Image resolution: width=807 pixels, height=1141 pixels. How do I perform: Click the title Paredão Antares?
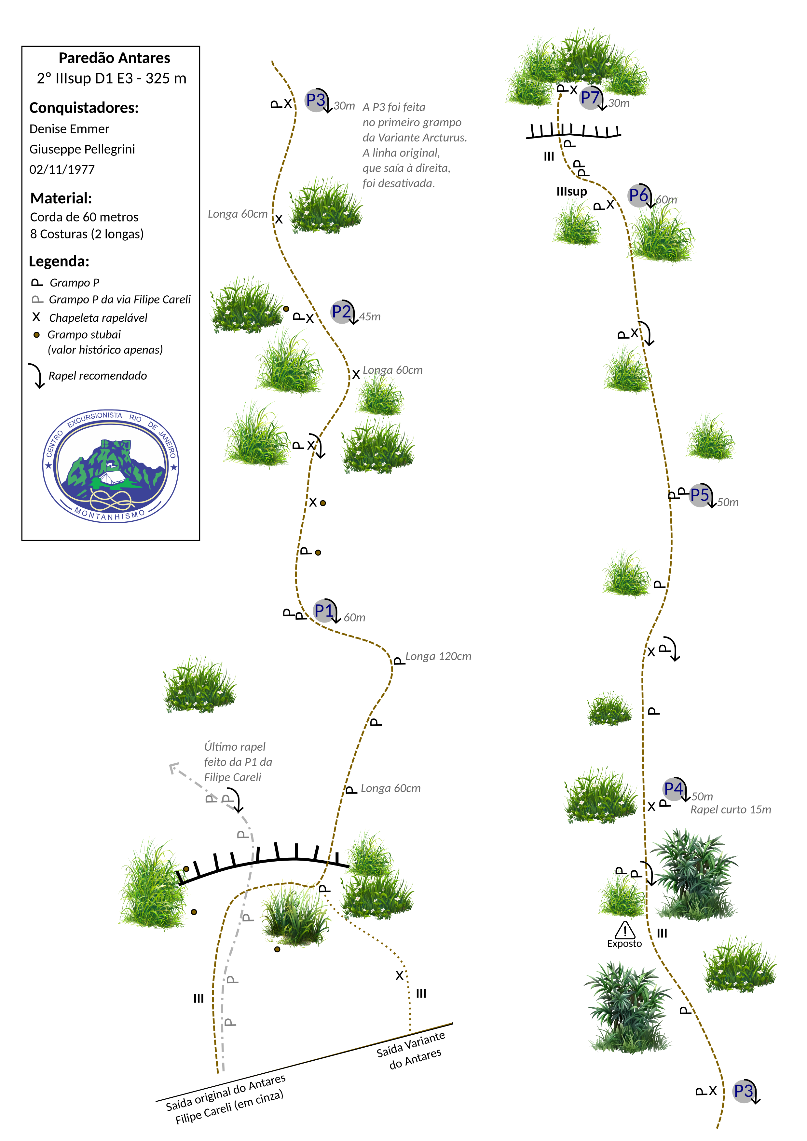tap(114, 58)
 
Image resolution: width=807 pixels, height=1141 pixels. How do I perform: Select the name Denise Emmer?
tap(69, 129)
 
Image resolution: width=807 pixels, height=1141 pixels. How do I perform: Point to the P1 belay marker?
tap(324, 610)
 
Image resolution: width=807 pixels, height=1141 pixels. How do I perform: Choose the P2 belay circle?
tap(342, 312)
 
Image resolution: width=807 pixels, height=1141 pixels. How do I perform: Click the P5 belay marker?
tap(700, 495)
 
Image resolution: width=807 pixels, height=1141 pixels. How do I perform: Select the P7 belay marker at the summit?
tap(590, 97)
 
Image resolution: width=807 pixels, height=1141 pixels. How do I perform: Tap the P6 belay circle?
tap(638, 195)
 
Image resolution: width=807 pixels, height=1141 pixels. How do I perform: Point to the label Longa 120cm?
tap(438, 656)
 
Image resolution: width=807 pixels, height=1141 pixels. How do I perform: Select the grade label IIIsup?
tap(571, 192)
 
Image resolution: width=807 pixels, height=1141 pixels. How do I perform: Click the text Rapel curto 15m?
tap(731, 810)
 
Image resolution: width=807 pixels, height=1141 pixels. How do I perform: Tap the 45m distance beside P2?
tap(370, 317)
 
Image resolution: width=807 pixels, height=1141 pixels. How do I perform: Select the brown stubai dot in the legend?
tap(36, 335)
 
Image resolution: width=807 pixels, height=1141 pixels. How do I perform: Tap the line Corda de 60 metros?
tap(84, 217)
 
